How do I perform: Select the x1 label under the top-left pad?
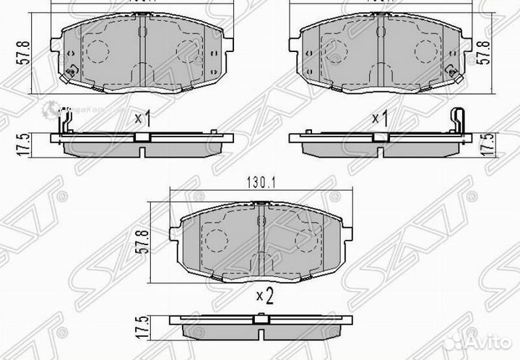[142, 117]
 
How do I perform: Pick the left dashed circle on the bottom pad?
[214, 235]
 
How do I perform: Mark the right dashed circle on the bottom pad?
[306, 235]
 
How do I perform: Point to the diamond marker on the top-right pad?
[451, 71]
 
